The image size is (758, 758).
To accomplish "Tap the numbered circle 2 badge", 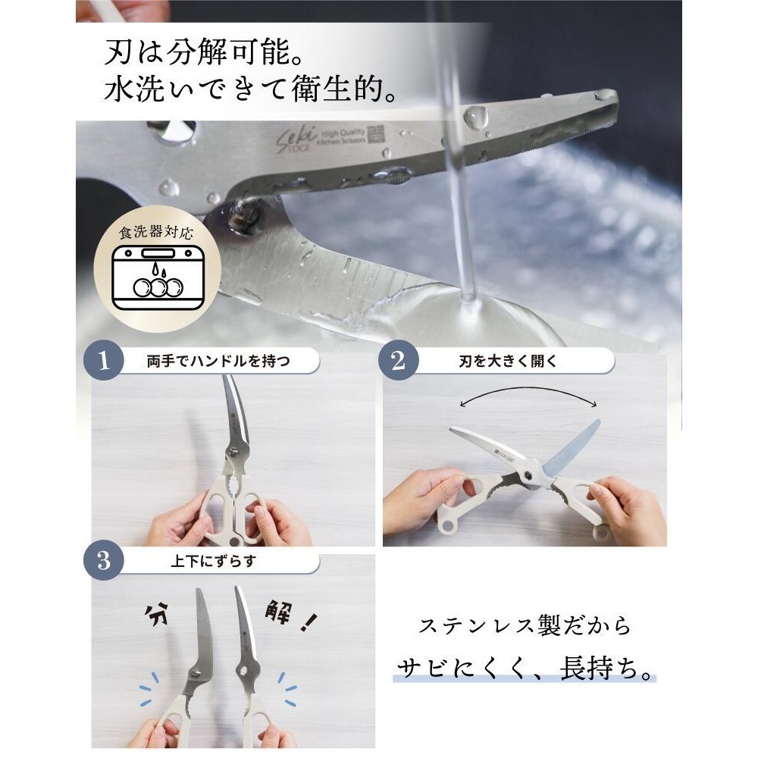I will (x=399, y=361).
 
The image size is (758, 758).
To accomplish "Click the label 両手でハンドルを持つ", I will (x=218, y=362).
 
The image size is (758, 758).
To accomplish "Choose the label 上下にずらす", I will (x=218, y=562).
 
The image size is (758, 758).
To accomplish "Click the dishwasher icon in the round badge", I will (x=158, y=279).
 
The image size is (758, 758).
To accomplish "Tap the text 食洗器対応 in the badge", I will (x=158, y=232).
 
